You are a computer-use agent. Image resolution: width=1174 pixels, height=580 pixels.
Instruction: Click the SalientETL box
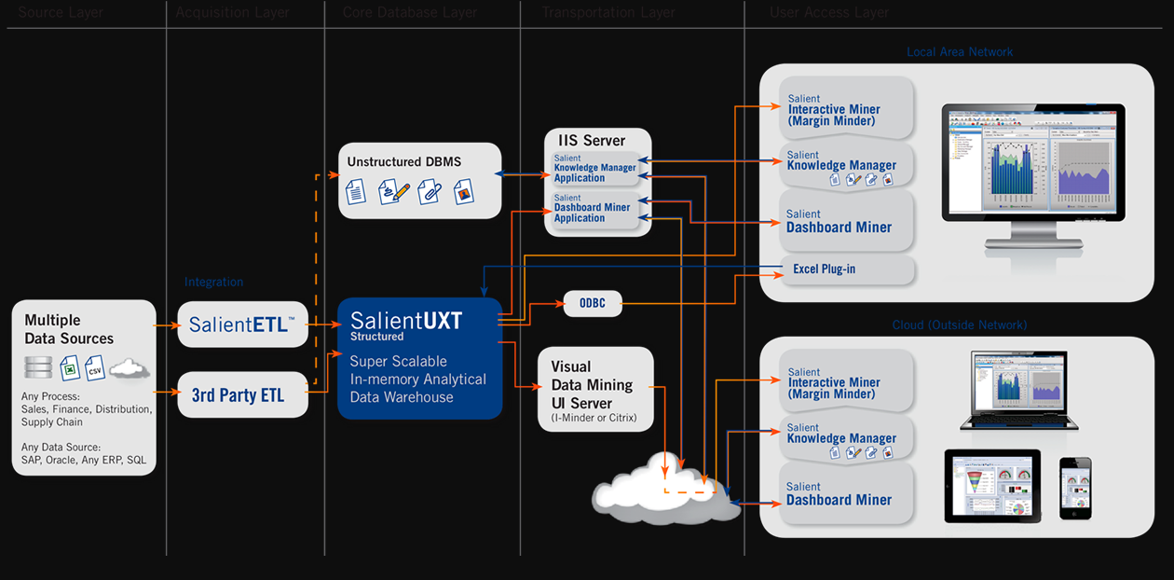tap(242, 325)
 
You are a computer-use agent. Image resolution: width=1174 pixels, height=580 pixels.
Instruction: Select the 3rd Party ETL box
tap(242, 395)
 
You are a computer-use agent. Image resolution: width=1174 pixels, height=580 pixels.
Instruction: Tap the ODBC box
tap(592, 304)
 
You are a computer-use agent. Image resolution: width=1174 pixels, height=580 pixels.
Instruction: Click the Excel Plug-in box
tap(846, 269)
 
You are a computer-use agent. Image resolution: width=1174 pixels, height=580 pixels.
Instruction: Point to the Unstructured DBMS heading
tap(403, 161)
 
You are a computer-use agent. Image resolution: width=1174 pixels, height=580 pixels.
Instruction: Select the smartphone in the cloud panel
tap(1074, 489)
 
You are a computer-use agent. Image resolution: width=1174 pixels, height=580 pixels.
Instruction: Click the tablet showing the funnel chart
tap(991, 486)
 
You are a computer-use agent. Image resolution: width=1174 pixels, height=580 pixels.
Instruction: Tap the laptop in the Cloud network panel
tap(1018, 390)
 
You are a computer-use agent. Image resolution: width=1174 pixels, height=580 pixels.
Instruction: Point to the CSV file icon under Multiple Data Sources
tap(95, 367)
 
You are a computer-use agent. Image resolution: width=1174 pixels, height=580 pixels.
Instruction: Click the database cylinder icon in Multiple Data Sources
tap(38, 366)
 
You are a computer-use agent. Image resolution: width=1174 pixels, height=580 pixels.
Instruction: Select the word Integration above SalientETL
tap(213, 282)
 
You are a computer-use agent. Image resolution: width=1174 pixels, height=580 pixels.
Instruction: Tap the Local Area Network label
tap(960, 52)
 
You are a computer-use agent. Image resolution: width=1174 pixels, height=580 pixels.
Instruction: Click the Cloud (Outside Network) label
tap(960, 325)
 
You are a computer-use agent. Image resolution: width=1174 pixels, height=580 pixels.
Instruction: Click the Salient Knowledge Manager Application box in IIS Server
tap(594, 169)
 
